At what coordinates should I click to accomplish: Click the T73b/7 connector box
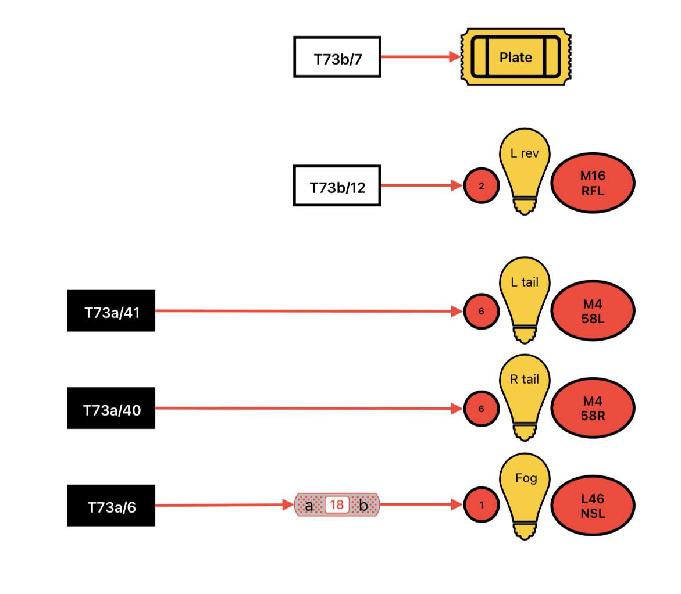[x=337, y=58]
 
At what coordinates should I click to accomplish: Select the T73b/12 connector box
[x=337, y=186]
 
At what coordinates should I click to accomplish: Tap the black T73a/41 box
[x=111, y=311]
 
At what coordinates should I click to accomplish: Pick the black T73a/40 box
[x=111, y=408]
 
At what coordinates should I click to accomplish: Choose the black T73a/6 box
[x=111, y=506]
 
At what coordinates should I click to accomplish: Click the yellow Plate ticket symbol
[x=516, y=57]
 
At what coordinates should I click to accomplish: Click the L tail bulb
[x=525, y=300]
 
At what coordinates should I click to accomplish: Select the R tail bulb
[x=525, y=398]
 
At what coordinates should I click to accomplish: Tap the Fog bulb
[x=525, y=496]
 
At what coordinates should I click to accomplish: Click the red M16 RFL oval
[x=593, y=183]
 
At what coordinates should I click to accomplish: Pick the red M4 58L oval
[x=593, y=311]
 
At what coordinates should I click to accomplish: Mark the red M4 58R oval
[x=593, y=408]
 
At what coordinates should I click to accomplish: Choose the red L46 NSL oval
[x=593, y=506]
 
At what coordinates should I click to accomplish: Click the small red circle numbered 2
[x=481, y=186]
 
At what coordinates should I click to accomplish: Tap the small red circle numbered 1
[x=481, y=505]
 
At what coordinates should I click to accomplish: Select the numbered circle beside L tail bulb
[x=481, y=312]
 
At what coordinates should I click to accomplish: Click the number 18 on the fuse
[x=337, y=504]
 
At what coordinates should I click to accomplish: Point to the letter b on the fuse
[x=363, y=505]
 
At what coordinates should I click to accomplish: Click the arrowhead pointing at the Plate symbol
[x=455, y=56]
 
